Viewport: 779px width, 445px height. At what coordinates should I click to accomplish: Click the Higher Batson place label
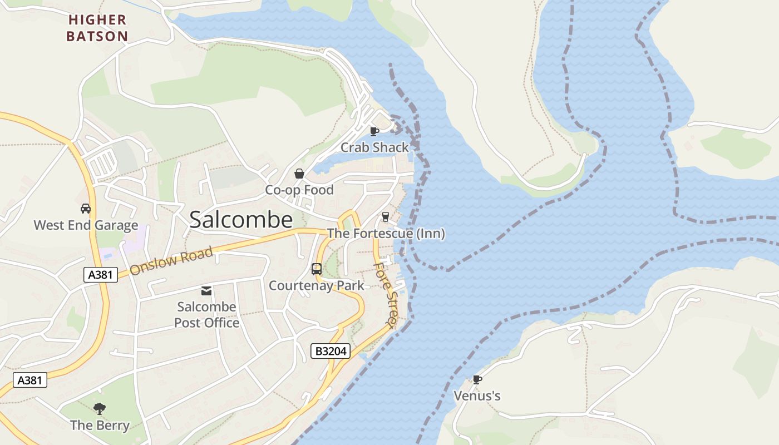click(97, 28)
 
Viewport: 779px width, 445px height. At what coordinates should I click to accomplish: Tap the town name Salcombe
click(241, 220)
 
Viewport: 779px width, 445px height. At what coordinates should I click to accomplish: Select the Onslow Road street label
click(171, 261)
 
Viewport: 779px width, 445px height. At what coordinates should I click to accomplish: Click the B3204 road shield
click(330, 351)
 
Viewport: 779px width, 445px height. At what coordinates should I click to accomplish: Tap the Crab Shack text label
click(374, 147)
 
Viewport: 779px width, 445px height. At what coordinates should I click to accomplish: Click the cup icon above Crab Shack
click(374, 131)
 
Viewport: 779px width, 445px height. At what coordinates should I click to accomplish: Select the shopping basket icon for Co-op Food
click(299, 174)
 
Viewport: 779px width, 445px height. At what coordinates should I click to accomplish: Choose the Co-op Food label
click(299, 190)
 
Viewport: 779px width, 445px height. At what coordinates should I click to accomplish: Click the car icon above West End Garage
click(86, 209)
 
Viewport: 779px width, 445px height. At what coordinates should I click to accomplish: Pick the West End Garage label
click(86, 225)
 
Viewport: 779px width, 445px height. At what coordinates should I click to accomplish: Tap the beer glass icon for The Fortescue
click(385, 217)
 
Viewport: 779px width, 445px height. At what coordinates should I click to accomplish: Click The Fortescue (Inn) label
click(386, 234)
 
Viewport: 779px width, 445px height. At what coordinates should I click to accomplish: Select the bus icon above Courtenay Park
click(317, 269)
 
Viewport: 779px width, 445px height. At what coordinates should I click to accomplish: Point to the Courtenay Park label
click(317, 286)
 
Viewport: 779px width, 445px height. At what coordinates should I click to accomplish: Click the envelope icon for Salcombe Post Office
click(206, 290)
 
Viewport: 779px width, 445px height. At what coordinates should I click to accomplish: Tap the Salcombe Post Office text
click(206, 315)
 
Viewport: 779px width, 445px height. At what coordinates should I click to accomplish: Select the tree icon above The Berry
click(100, 409)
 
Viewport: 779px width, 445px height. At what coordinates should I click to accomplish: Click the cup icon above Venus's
click(477, 379)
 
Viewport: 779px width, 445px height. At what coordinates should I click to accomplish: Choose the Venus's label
click(477, 396)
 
